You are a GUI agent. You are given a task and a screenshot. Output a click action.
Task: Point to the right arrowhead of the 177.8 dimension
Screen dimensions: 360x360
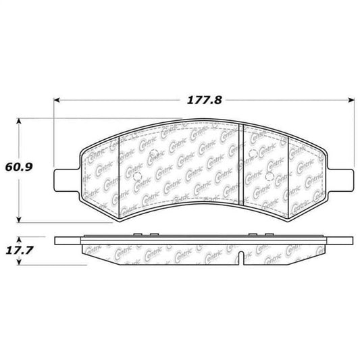coord(353,100)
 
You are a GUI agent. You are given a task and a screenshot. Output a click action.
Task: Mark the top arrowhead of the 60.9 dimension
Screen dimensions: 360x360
coord(20,122)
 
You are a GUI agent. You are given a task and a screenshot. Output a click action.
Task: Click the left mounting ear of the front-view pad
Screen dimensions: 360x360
coord(64,178)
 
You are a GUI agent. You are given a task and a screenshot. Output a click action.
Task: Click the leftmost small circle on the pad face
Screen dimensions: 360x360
coord(138,180)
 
